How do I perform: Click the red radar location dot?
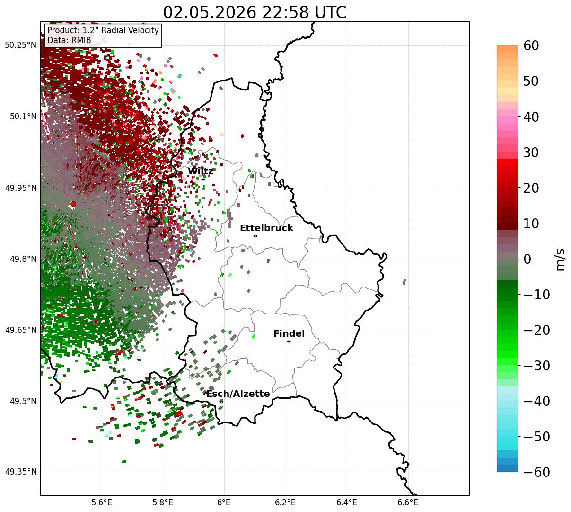[73, 204]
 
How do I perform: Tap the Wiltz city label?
[201, 171]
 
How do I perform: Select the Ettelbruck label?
[266, 228]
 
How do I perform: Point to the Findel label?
[289, 333]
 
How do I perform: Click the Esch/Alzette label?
[238, 394]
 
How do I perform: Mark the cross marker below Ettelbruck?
[255, 236]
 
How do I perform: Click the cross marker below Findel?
[289, 342]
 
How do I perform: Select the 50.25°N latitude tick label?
[20, 45]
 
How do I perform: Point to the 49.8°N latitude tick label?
[23, 259]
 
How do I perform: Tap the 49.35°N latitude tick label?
[20, 472]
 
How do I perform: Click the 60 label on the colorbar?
[531, 46]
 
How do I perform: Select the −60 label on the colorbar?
[536, 472]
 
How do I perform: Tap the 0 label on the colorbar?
[527, 259]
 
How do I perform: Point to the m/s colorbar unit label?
[560, 260]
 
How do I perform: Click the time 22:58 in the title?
[285, 13]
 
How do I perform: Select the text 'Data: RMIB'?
[69, 40]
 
